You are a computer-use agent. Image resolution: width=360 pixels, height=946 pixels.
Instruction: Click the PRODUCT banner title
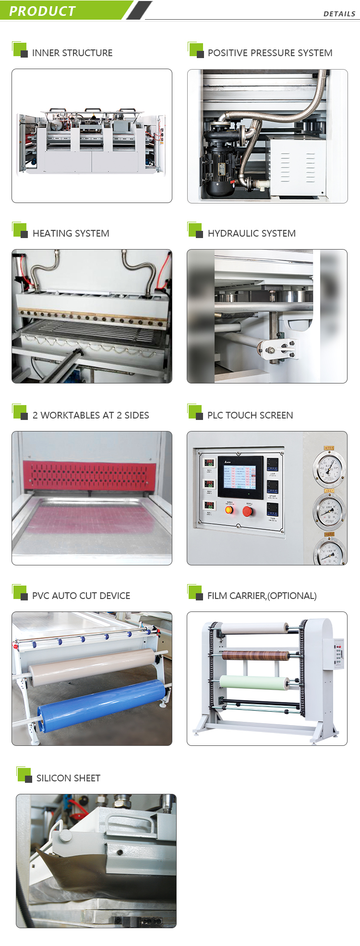[x=42, y=11]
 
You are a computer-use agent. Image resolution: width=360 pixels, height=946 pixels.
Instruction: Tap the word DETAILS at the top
[x=339, y=14]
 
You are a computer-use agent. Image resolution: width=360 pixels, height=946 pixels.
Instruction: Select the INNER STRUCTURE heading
[x=72, y=53]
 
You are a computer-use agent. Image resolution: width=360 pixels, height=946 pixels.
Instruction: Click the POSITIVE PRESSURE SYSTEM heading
[x=270, y=53]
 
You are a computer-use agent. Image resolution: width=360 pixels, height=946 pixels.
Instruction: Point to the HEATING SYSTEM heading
[x=71, y=233]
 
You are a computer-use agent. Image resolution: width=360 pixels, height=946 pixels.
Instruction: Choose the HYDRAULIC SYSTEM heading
[x=252, y=233]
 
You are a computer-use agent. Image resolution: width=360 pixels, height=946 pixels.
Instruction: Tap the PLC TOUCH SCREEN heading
[x=250, y=415]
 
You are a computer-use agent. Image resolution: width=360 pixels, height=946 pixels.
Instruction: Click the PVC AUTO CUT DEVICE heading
[x=81, y=596]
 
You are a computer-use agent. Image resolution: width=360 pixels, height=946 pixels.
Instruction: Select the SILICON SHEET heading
[x=68, y=778]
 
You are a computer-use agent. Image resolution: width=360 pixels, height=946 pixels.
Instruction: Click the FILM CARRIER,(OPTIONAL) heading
[x=262, y=596]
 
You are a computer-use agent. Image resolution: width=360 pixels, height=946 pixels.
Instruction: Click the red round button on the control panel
[x=248, y=511]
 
